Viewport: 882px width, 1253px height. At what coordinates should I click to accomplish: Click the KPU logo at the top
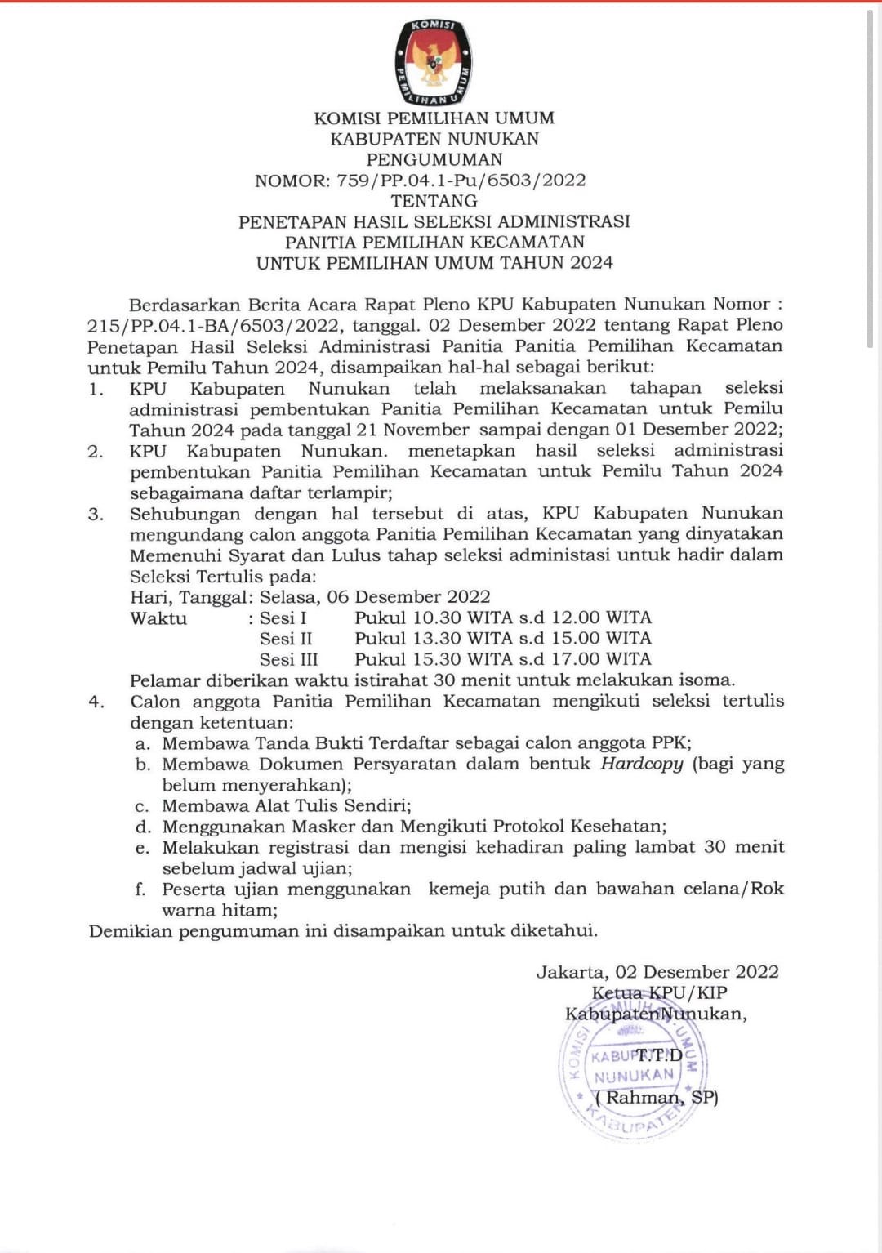[434, 63]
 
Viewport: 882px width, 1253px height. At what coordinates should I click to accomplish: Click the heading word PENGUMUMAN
[434, 159]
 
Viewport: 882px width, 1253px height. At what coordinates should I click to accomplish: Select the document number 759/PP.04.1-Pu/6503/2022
[461, 181]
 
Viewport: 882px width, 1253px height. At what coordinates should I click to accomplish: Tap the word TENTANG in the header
[434, 201]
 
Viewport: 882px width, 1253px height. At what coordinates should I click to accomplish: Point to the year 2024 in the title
[591, 263]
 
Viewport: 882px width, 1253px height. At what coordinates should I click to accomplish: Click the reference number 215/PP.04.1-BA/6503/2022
[213, 325]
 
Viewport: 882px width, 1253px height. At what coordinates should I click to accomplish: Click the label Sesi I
[283, 618]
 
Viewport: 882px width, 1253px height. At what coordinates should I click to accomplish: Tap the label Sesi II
[286, 639]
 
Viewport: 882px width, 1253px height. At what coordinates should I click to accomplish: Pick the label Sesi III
[288, 659]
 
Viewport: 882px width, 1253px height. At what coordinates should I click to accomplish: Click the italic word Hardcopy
[641, 764]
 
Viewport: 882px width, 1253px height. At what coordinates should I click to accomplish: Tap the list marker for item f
[140, 889]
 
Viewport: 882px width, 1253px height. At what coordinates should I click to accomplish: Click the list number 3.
[96, 515]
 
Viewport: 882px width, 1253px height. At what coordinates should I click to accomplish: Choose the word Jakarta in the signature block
[571, 972]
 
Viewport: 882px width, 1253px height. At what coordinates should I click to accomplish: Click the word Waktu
[158, 618]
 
